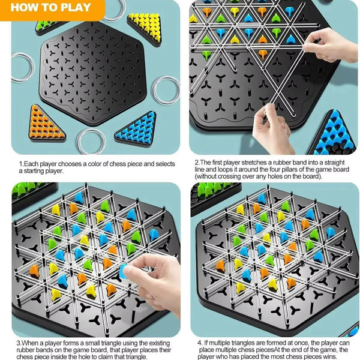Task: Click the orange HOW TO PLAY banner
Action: coord(52,8)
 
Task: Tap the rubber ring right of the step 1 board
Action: coord(165,89)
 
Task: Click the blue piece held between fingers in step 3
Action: coord(125,269)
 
